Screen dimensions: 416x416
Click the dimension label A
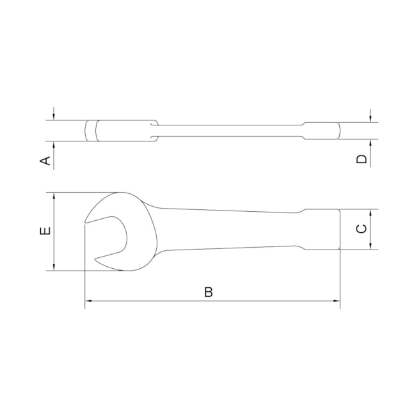pyautogui.click(x=45, y=160)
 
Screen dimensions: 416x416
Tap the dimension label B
pyautogui.click(x=208, y=292)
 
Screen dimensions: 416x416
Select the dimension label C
pyautogui.click(x=361, y=228)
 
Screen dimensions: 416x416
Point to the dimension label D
pyautogui.click(x=362, y=159)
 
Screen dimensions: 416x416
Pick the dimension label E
pyautogui.click(x=44, y=231)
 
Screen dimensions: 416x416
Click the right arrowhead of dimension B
pyautogui.click(x=337, y=300)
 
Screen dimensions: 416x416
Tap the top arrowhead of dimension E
pyautogui.click(x=54, y=196)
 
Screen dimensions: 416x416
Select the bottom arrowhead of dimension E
pyautogui.click(x=54, y=267)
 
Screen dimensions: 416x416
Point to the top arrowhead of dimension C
pyautogui.click(x=371, y=212)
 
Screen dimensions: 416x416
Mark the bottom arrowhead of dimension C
pyautogui.click(x=371, y=246)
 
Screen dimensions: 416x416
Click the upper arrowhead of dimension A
pyautogui.click(x=54, y=117)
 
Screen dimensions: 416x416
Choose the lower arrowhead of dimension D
pyautogui.click(x=371, y=143)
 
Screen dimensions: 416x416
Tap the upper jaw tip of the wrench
pyautogui.click(x=85, y=222)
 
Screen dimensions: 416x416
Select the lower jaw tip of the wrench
pyautogui.click(x=97, y=260)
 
